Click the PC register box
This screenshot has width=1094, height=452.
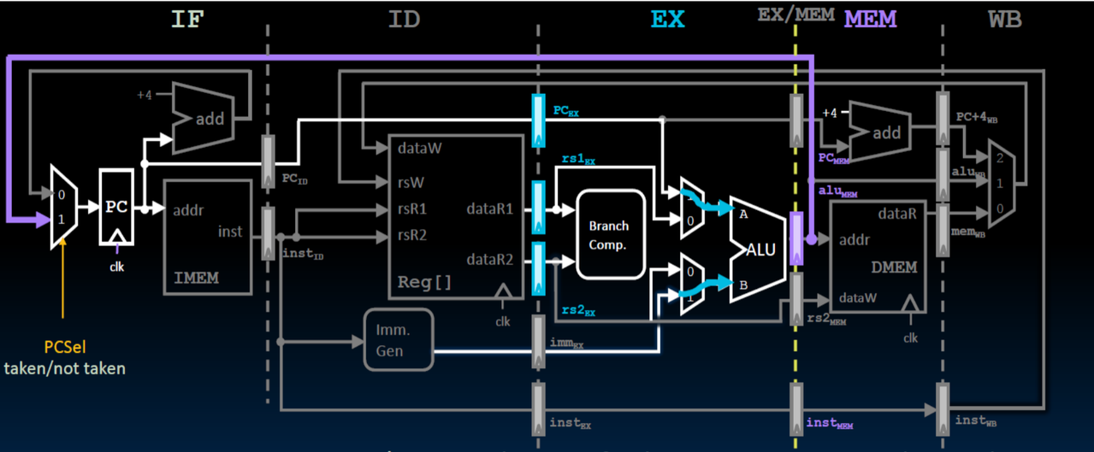click(x=116, y=207)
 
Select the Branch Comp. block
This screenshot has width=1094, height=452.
click(x=611, y=235)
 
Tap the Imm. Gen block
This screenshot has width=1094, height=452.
click(x=399, y=340)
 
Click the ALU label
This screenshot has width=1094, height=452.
click(x=760, y=249)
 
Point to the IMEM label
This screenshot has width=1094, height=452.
click(x=197, y=278)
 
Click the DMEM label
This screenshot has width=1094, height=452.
click(x=894, y=267)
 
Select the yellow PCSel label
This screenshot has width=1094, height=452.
click(x=65, y=347)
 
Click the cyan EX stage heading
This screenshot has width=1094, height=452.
click(x=668, y=19)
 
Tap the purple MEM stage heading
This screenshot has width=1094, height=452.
click(x=870, y=19)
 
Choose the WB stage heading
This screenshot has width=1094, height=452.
click(x=1005, y=20)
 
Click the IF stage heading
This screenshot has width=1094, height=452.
click(x=187, y=20)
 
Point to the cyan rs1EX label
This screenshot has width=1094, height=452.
click(x=578, y=159)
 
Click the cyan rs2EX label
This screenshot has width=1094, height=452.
click(x=578, y=310)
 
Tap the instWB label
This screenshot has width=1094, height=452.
click(x=976, y=420)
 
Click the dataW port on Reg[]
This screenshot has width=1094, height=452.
click(x=419, y=148)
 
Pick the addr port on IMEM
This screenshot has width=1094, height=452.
click(x=188, y=210)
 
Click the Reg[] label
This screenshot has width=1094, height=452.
click(x=424, y=282)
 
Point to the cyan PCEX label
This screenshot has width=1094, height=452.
click(x=565, y=111)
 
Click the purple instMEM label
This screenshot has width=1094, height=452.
click(x=830, y=423)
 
